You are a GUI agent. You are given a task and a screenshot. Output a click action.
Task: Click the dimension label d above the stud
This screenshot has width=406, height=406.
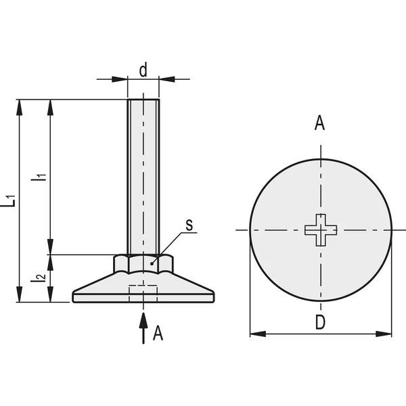coord(143,70)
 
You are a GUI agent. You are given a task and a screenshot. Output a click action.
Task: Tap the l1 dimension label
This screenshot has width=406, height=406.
coord(39,177)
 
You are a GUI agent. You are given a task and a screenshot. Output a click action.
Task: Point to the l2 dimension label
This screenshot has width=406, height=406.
coord(38,277)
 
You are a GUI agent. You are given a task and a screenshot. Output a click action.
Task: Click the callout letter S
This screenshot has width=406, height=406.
coord(189,225)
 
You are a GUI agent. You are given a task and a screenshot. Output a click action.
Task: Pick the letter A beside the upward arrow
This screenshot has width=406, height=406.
coord(158,333)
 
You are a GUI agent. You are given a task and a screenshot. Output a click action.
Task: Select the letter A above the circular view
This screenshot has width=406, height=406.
coord(319,123)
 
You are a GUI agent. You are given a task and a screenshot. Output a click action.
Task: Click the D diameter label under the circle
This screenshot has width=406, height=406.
coord(320,322)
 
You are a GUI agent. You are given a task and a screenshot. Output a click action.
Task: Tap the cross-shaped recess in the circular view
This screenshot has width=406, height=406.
coord(321,230)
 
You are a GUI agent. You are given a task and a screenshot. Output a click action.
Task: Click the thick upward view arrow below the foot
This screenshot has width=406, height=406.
coord(143,328)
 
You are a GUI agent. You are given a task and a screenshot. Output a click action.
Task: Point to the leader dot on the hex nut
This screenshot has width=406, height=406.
coord(152,264)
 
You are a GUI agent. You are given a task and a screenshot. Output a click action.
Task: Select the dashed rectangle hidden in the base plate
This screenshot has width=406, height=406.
coord(143,294)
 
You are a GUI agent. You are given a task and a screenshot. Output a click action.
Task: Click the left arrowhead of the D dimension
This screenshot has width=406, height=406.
coord(258,334)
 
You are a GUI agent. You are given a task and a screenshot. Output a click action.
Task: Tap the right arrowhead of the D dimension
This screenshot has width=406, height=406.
coord(384,334)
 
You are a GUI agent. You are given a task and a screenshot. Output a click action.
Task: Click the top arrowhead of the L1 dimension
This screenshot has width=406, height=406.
coord(19,108)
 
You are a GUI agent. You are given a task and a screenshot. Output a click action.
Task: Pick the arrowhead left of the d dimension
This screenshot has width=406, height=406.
coord(120,79)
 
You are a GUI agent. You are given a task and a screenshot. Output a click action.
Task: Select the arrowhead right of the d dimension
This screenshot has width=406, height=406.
coord(167,79)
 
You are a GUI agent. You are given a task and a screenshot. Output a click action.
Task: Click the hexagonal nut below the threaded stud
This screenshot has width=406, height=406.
coord(143,264)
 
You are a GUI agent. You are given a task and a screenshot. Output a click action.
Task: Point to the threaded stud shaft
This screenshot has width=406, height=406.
coord(143,177)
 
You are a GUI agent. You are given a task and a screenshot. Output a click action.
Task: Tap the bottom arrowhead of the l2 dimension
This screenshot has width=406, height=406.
coord(50,294)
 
